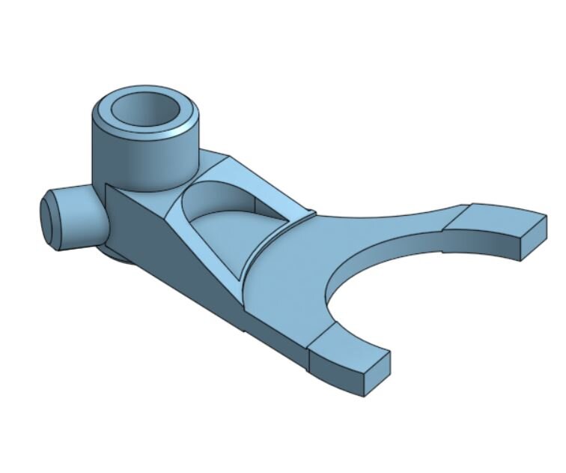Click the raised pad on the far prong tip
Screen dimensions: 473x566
click(x=490, y=218)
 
